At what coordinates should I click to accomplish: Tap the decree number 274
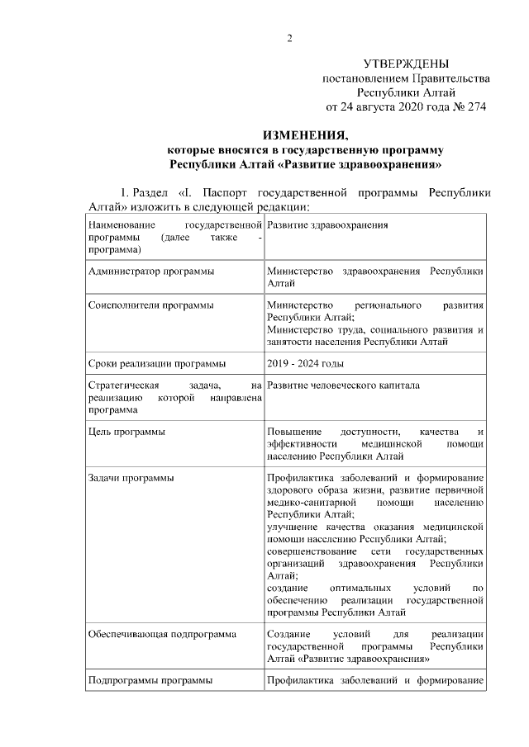pyautogui.click(x=474, y=106)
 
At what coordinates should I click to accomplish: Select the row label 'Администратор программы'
pyautogui.click(x=151, y=271)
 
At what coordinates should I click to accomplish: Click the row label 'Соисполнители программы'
pyautogui.click(x=150, y=305)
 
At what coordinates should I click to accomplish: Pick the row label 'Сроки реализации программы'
pyautogui.click(x=157, y=362)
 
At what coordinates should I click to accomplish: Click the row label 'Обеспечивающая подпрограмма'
pyautogui.click(x=162, y=634)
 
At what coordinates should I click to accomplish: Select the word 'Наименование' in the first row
pyautogui.click(x=122, y=225)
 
